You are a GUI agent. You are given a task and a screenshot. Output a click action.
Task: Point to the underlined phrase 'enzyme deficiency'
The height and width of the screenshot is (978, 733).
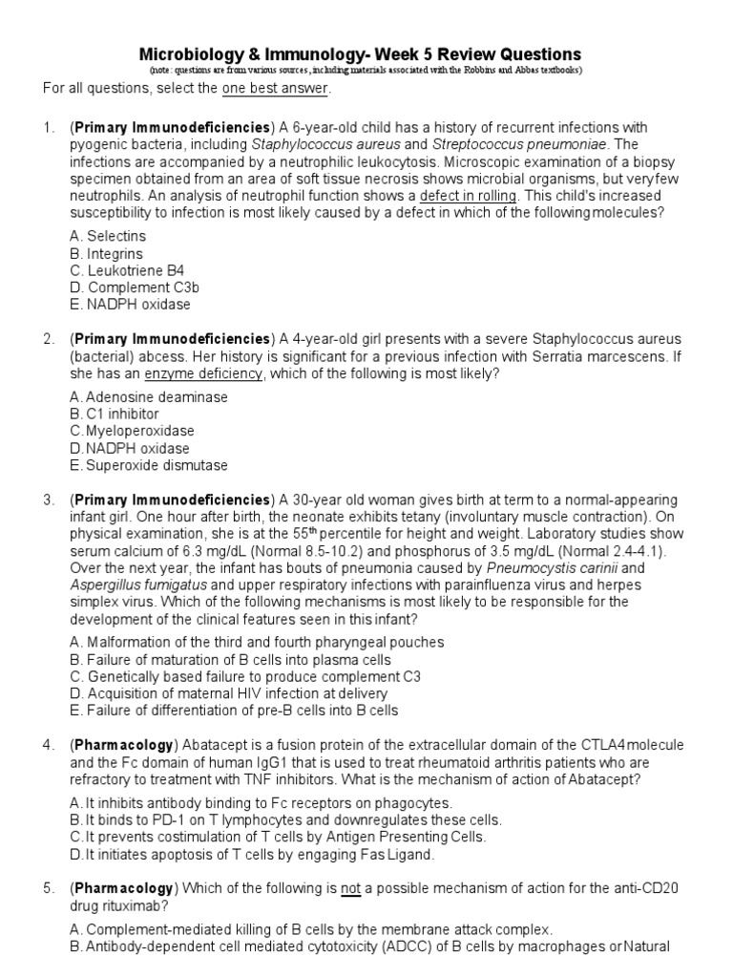tap(203, 373)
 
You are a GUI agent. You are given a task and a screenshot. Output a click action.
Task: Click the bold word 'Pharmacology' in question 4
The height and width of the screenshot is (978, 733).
tap(121, 745)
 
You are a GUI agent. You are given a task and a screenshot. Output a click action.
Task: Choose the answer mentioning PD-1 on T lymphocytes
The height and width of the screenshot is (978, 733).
tap(285, 819)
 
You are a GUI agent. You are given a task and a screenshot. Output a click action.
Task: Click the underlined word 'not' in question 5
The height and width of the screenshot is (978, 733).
tap(351, 888)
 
